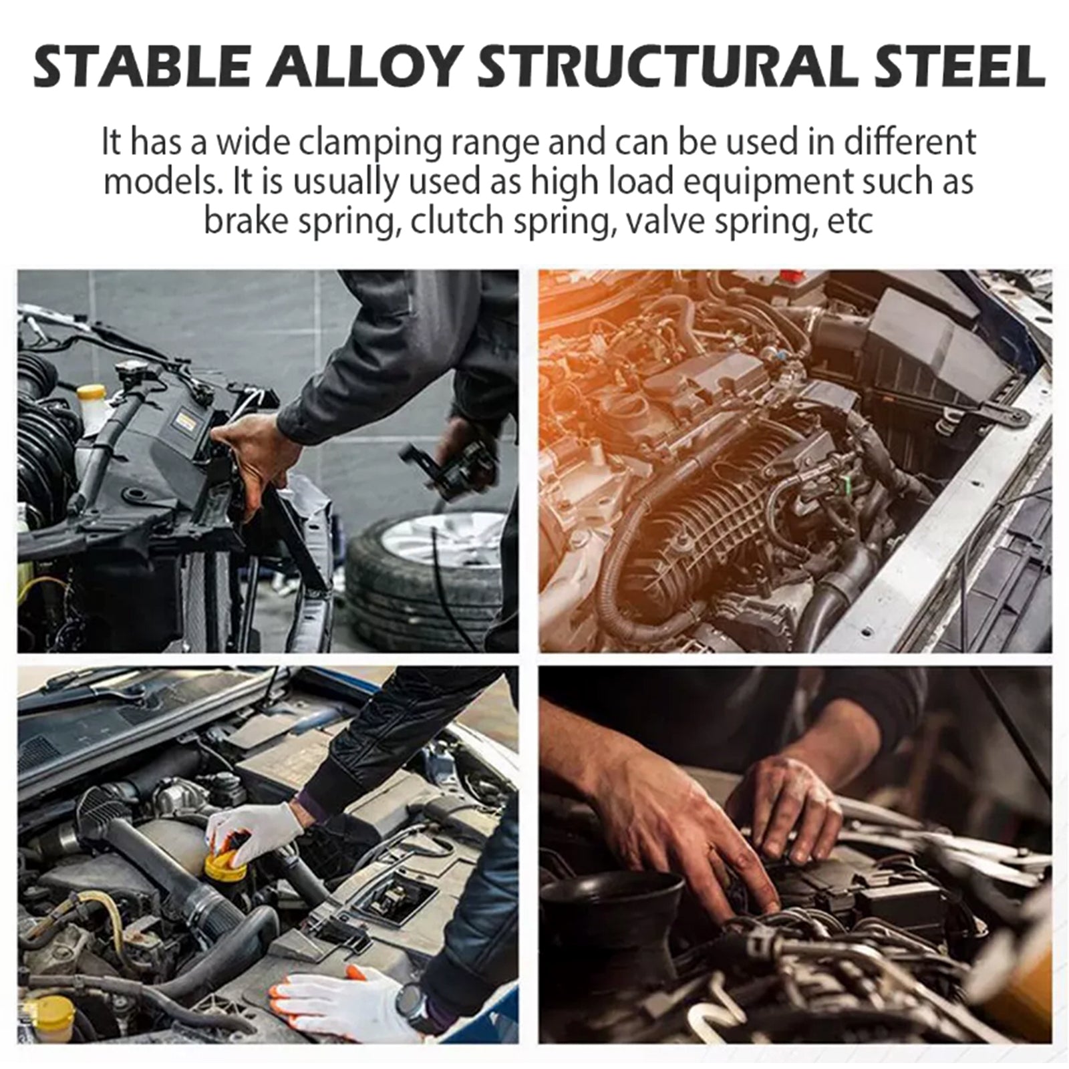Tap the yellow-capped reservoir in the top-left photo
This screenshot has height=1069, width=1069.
click(91, 408)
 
